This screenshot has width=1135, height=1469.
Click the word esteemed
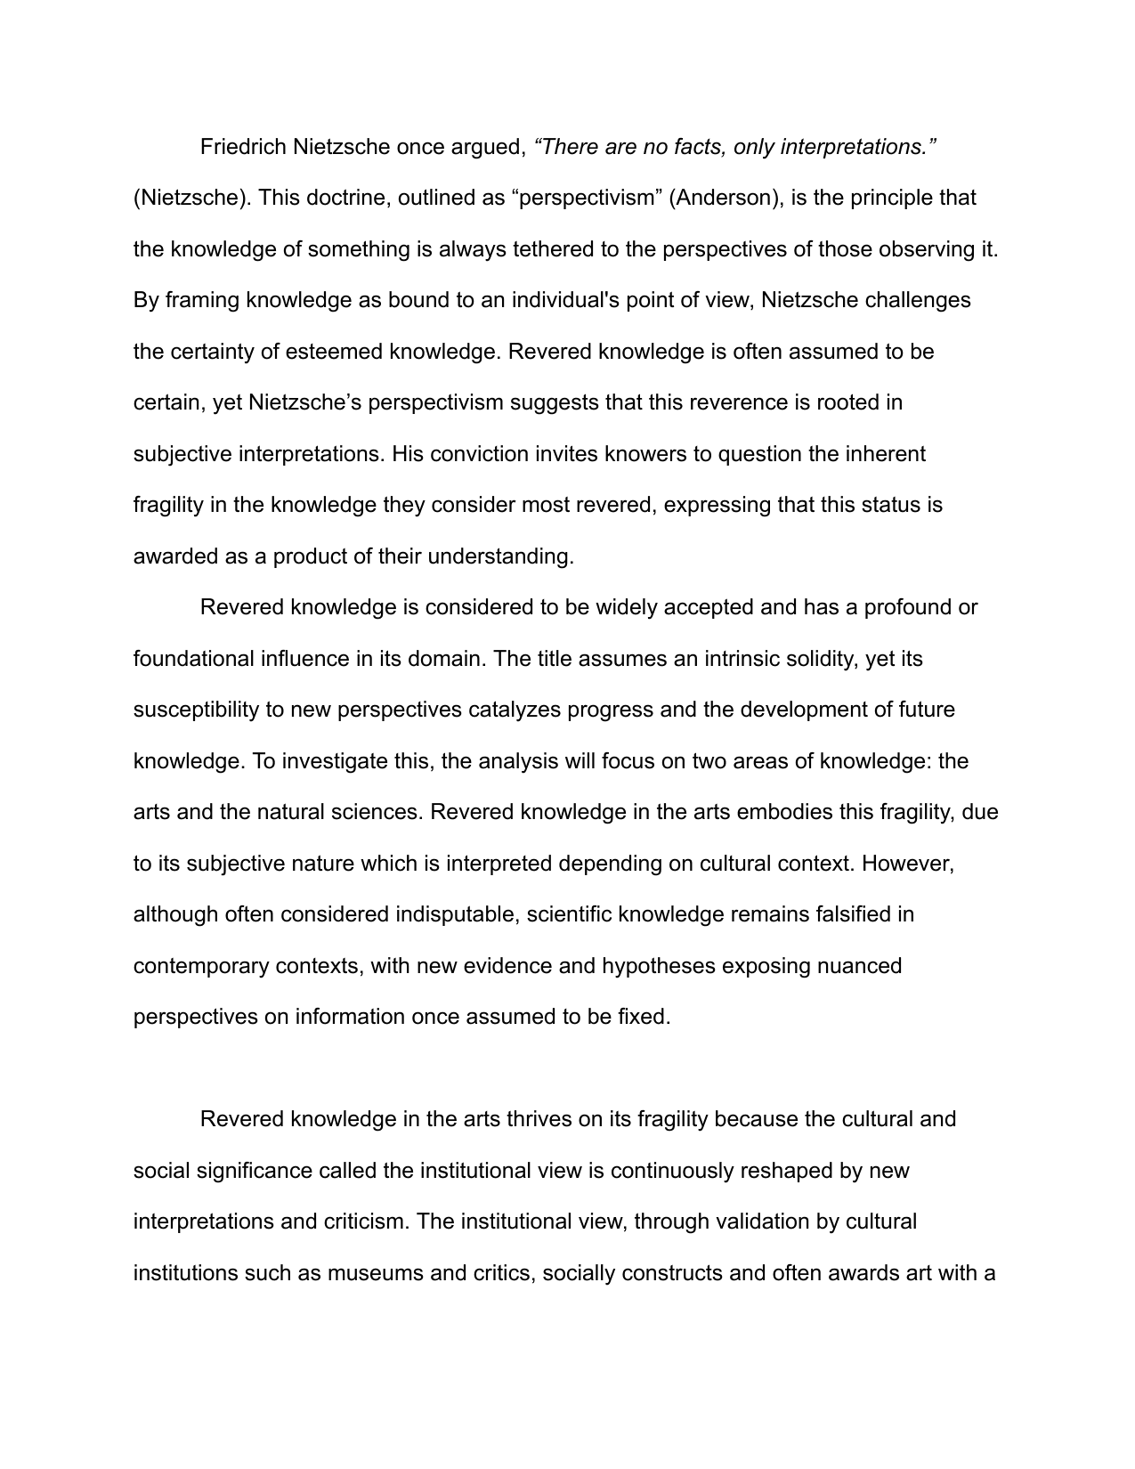pyautogui.click(x=334, y=352)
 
